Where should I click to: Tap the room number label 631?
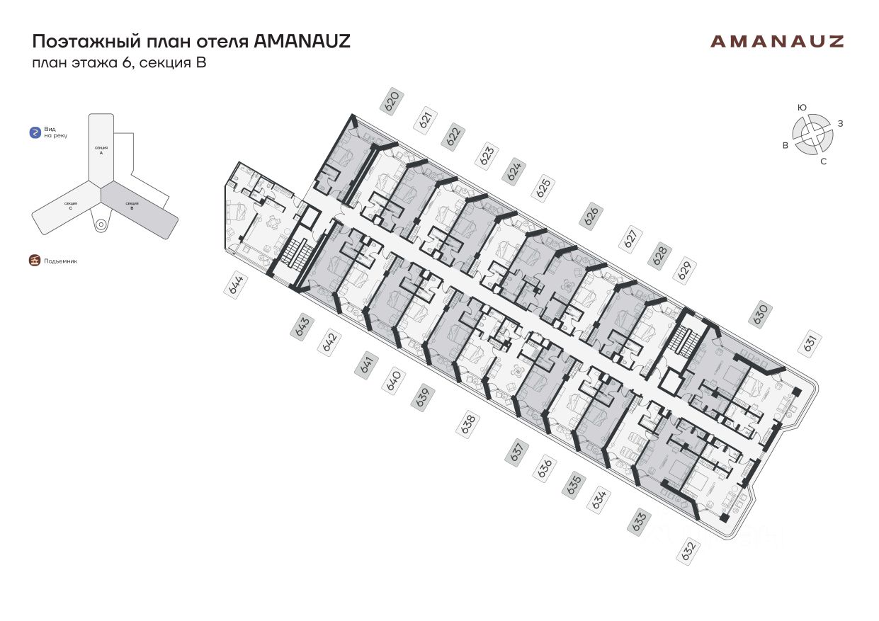pyautogui.click(x=811, y=343)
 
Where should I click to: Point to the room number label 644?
pyautogui.click(x=236, y=286)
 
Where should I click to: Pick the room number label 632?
pyautogui.click(x=687, y=550)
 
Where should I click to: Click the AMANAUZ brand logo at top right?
pyautogui.click(x=777, y=41)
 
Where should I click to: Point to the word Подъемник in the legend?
pyautogui.click(x=60, y=261)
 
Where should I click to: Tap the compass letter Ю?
pyautogui.click(x=802, y=107)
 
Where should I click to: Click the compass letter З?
pyautogui.click(x=840, y=124)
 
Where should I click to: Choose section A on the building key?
pyautogui.click(x=101, y=149)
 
